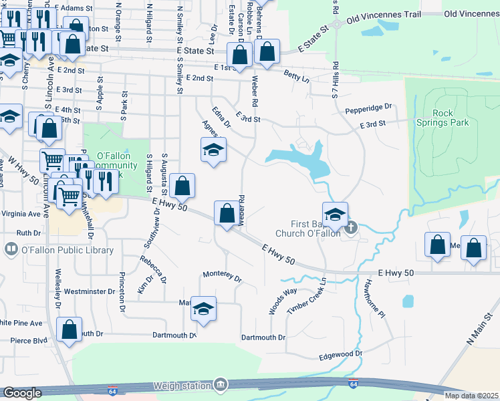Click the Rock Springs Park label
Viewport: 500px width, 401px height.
[452, 118]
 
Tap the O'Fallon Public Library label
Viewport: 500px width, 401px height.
[67, 250]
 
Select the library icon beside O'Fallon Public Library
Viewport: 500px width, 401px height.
[11, 250]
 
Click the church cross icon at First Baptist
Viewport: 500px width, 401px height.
[352, 229]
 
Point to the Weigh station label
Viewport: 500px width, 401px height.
[181, 386]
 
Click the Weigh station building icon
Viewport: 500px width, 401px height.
[220, 385]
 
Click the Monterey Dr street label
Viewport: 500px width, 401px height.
[221, 275]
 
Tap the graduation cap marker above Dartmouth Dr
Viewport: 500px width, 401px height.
[204, 308]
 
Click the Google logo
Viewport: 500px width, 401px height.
[21, 393]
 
